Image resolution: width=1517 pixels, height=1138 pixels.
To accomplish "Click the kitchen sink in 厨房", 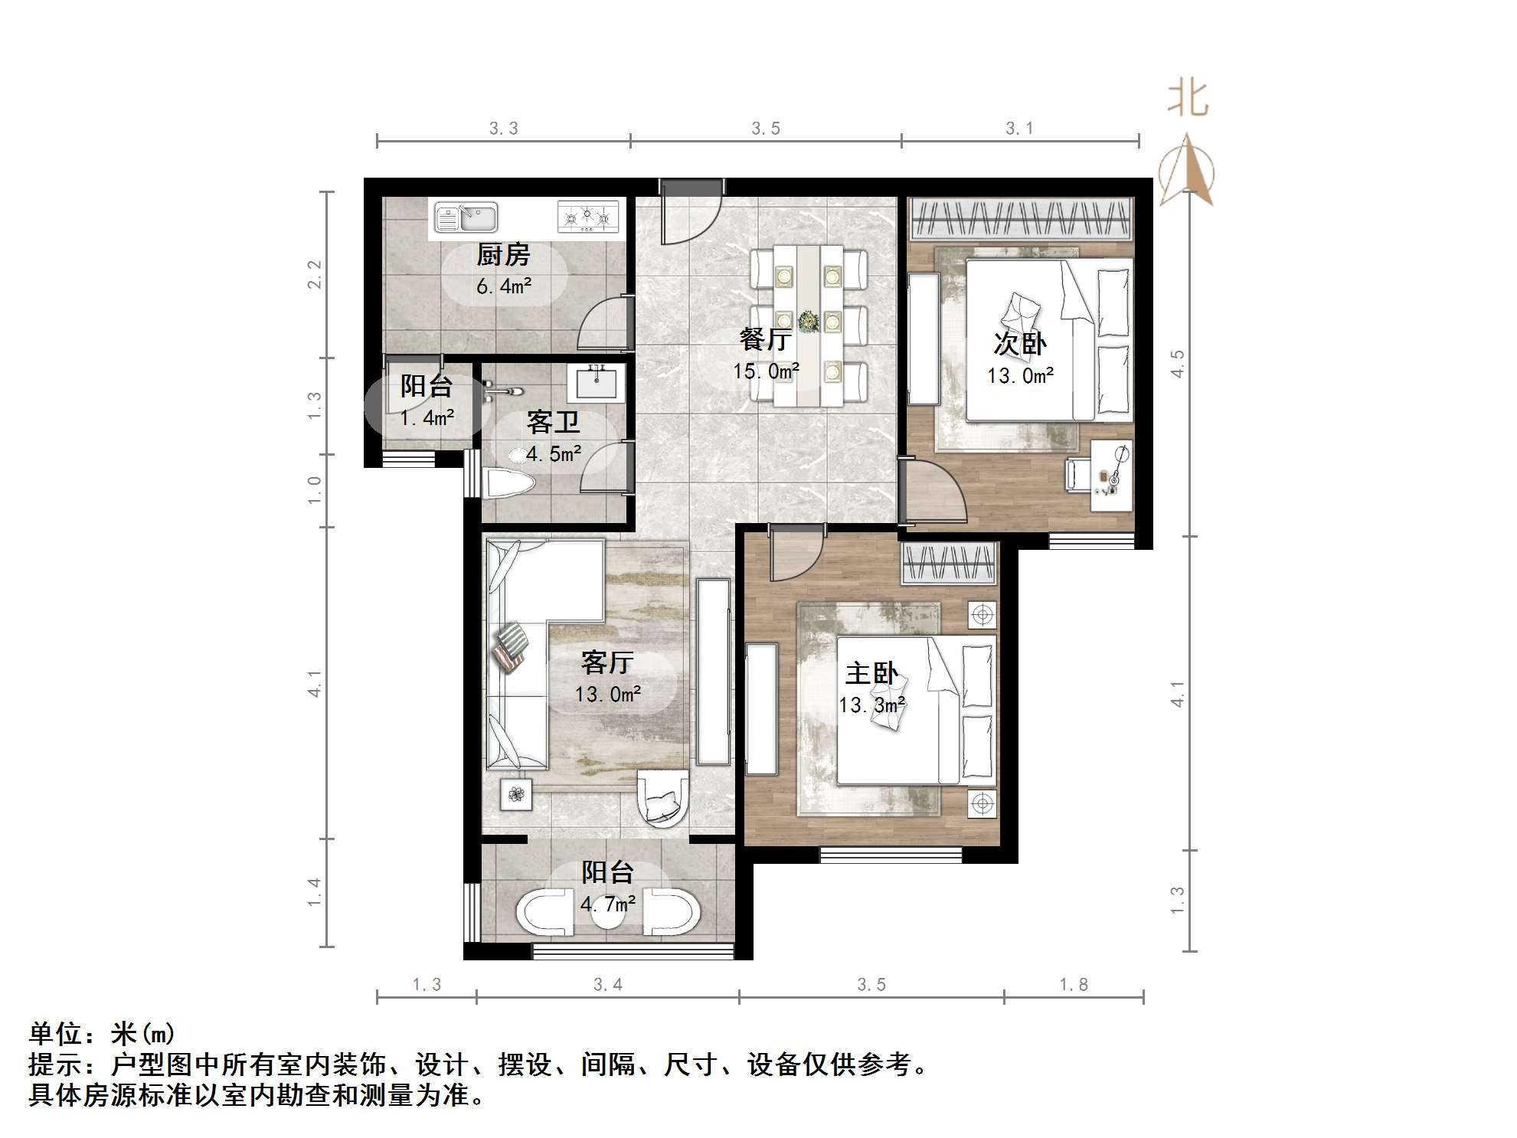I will [x=466, y=217].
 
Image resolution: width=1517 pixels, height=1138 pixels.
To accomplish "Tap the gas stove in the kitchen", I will [x=587, y=217].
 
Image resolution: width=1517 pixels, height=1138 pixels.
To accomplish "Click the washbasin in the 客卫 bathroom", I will [x=596, y=382].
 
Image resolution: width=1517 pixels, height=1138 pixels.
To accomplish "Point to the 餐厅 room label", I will [x=765, y=338].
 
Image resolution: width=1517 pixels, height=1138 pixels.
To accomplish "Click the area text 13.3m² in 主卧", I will [x=871, y=705].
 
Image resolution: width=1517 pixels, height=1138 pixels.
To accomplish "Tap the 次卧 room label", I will [x=1020, y=344].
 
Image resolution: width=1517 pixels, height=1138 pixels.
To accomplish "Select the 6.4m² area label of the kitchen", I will [x=503, y=286].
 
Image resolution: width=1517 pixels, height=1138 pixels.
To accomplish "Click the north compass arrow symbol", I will [x=1186, y=170].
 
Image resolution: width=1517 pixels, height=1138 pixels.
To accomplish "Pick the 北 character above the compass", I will [x=1188, y=100].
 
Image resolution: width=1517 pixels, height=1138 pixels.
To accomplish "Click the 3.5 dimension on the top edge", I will [x=765, y=129].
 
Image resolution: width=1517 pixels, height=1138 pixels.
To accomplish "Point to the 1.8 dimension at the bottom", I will [x=1073, y=984].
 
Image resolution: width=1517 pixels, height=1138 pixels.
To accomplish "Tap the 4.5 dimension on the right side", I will [x=1177, y=363].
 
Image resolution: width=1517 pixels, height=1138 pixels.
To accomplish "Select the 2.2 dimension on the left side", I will [x=314, y=274].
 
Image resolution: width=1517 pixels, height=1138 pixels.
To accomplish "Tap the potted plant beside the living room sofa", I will [x=516, y=794].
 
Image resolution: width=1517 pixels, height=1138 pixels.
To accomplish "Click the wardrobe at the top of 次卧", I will [x=1021, y=217].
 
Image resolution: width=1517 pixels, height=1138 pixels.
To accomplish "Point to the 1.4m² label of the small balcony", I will [x=427, y=418].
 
